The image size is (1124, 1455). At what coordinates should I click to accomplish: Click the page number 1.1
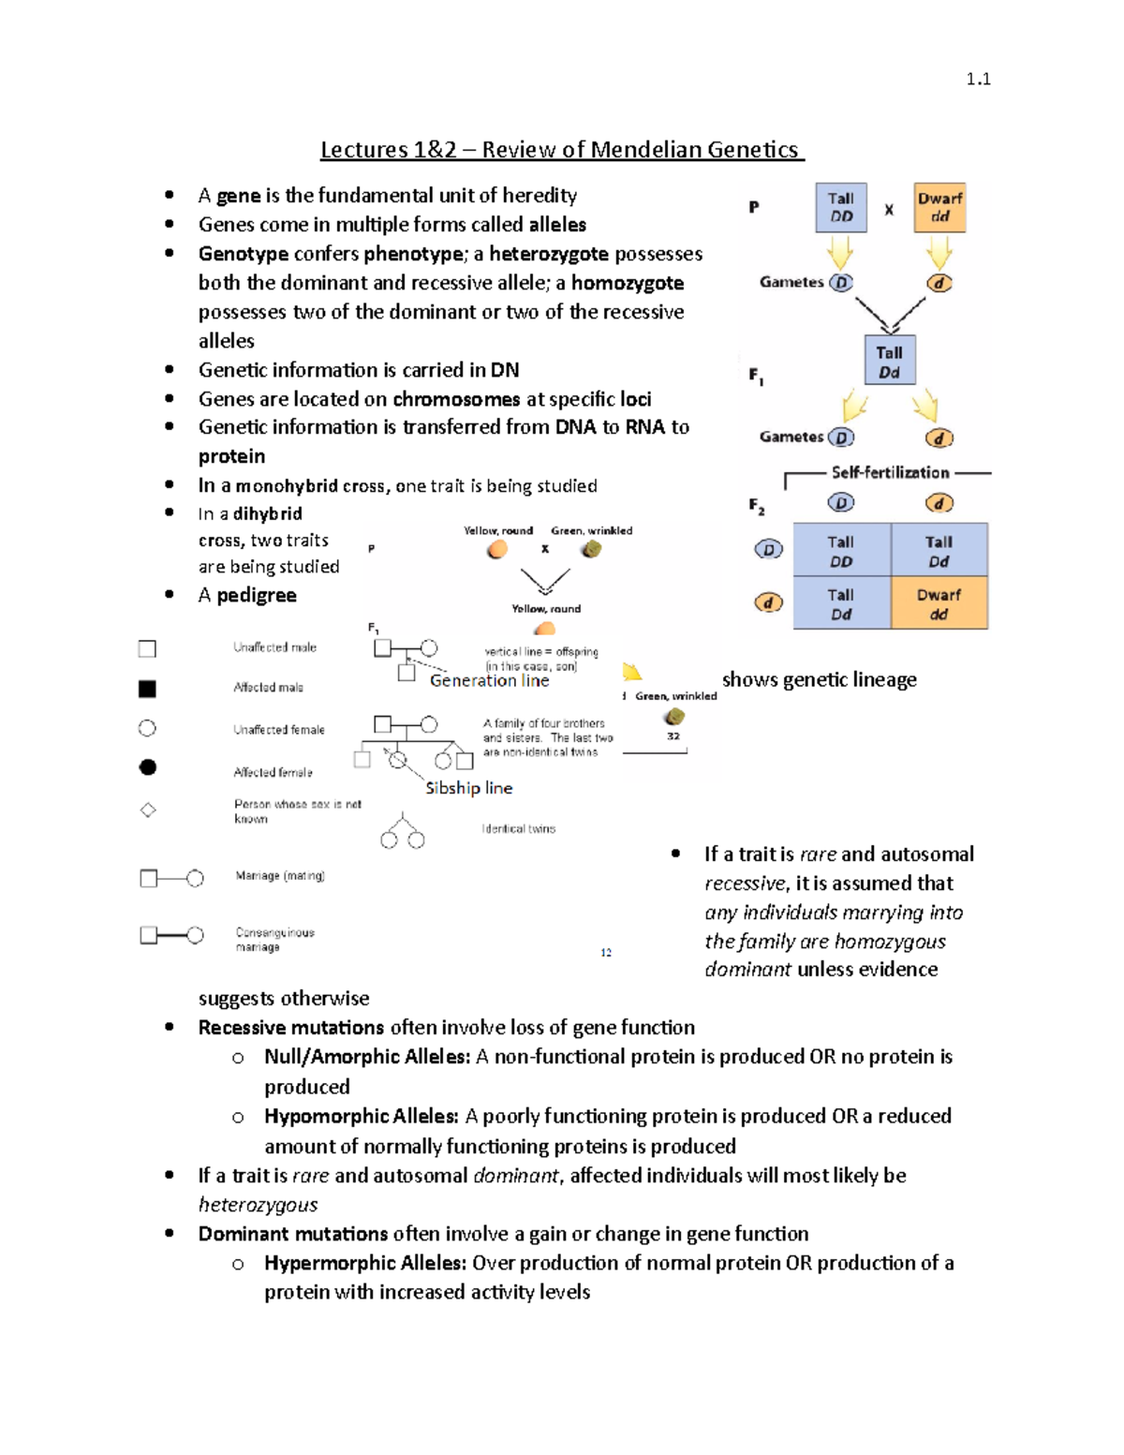tap(978, 80)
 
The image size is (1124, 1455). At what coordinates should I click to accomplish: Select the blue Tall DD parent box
tap(841, 207)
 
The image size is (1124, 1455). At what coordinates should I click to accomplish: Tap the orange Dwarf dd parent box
tap(939, 207)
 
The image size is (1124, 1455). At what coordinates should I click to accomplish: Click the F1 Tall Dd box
tap(889, 362)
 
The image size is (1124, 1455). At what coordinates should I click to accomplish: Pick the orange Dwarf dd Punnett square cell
tap(939, 603)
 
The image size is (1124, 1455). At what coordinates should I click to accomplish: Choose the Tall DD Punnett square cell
tap(841, 551)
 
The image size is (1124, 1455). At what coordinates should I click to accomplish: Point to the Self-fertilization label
tap(890, 472)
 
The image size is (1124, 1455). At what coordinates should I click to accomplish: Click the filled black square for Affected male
tap(147, 689)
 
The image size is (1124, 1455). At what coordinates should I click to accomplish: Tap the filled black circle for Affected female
tap(147, 767)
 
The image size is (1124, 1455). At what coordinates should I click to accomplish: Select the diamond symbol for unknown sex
tap(148, 810)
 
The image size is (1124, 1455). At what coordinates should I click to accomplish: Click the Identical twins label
tap(518, 829)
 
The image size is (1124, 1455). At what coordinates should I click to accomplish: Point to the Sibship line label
tap(468, 788)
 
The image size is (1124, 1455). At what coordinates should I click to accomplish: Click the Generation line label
tap(489, 681)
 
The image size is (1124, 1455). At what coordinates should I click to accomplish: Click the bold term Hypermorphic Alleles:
tap(364, 1263)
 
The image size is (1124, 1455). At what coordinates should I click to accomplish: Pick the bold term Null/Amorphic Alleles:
tap(366, 1057)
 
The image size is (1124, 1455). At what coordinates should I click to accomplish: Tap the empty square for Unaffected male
tap(147, 648)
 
